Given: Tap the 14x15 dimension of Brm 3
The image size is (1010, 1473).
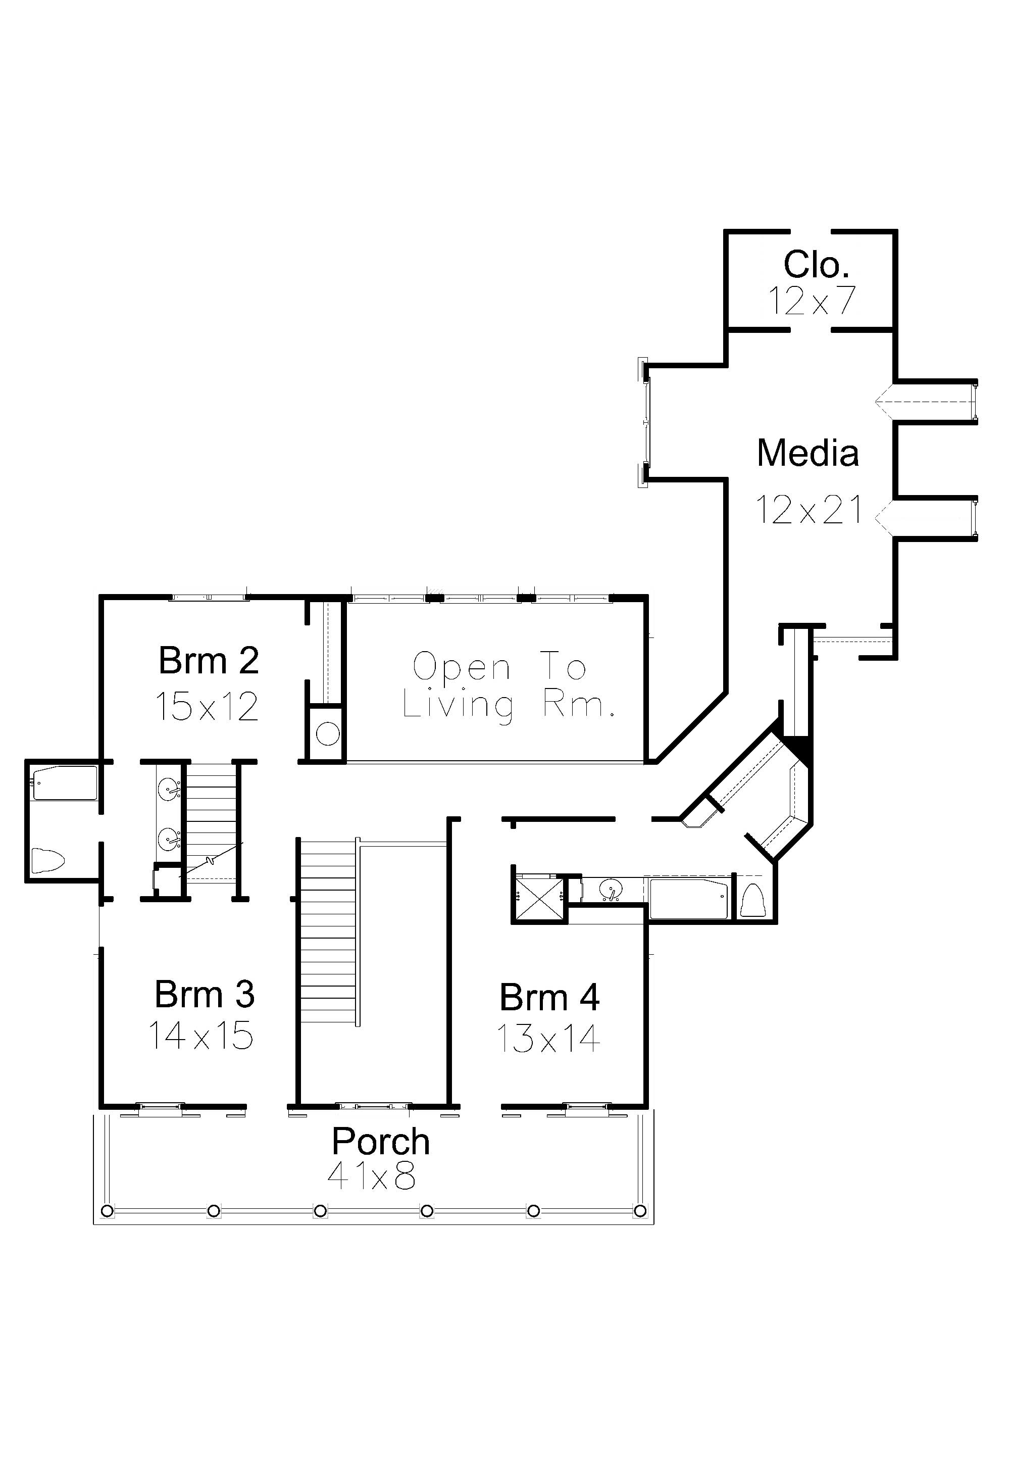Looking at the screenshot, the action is point(201,1036).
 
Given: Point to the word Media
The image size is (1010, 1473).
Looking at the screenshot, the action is point(808,453).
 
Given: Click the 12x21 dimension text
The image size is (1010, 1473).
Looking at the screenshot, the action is point(809,510).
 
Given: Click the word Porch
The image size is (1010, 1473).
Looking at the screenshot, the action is point(381,1142).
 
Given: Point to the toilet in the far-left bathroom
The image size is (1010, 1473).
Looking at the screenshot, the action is point(48,860).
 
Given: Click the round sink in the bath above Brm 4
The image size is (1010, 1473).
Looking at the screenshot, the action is point(610,889).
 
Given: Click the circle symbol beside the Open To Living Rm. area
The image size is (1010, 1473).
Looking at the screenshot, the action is point(328,734).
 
